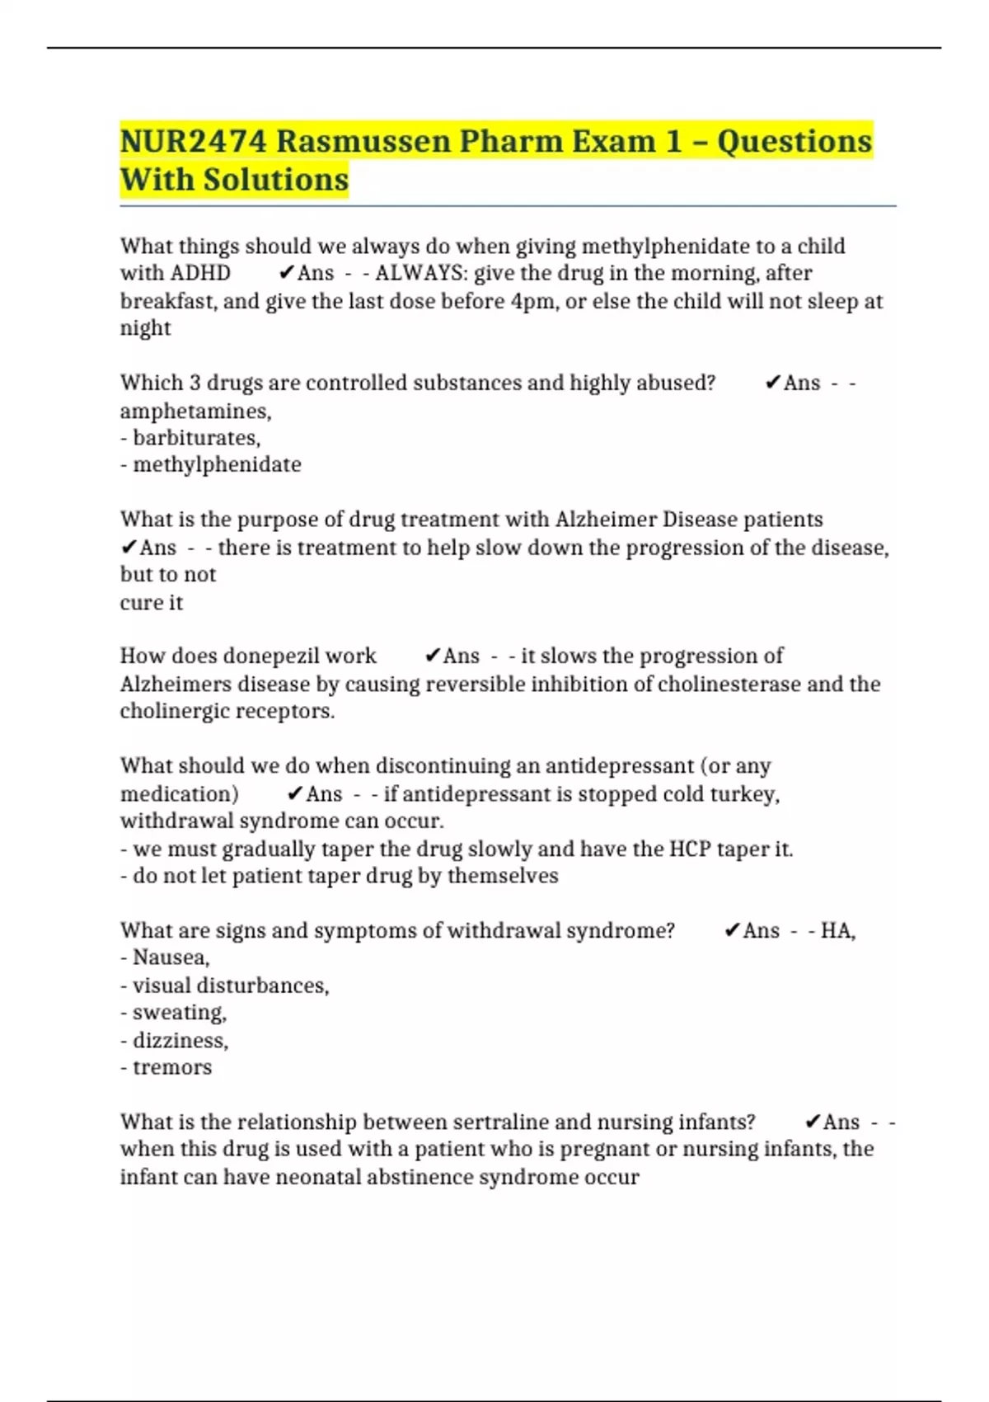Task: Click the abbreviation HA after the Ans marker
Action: tap(837, 931)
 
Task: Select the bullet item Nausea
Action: tap(171, 957)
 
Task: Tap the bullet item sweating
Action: tap(179, 1013)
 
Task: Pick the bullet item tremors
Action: tap(172, 1067)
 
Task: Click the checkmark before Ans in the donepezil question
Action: tap(432, 656)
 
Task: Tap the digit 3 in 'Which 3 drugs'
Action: tap(195, 383)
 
